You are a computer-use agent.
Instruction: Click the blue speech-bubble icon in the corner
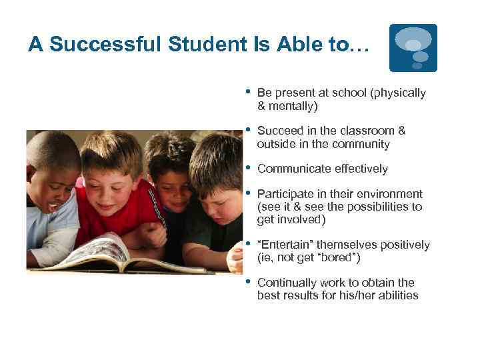point(413,47)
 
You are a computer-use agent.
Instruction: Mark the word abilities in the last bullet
point(396,295)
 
